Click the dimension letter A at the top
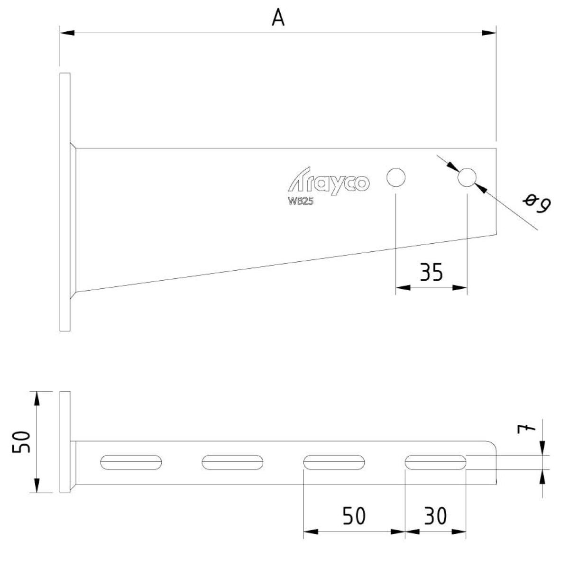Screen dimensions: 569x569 click(278, 18)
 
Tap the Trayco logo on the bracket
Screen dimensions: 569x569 click(329, 181)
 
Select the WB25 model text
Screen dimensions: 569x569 click(301, 202)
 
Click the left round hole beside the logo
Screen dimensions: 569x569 click(395, 177)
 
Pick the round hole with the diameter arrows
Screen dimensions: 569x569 click(467, 177)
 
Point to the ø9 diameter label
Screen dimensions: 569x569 click(536, 203)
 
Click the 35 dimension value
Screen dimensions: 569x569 click(431, 272)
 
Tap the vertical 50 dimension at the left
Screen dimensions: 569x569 click(21, 442)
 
